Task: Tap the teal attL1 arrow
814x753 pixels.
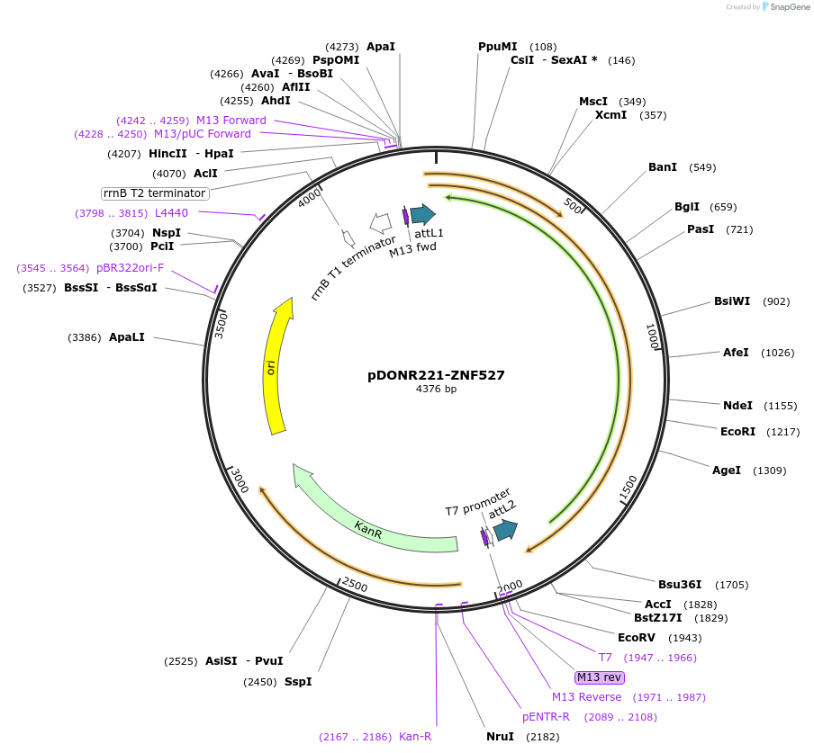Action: pyautogui.click(x=423, y=214)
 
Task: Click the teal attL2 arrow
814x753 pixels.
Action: pyautogui.click(x=505, y=530)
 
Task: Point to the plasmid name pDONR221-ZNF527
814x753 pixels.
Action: pyautogui.click(x=436, y=375)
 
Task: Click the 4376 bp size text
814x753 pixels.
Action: pyautogui.click(x=436, y=389)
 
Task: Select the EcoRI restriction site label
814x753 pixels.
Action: pyautogui.click(x=737, y=432)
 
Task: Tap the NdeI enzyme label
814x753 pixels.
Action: pyautogui.click(x=737, y=406)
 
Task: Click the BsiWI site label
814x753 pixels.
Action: pyautogui.click(x=732, y=301)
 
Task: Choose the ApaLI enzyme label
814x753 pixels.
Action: pyautogui.click(x=127, y=337)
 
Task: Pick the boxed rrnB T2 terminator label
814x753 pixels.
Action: pyautogui.click(x=155, y=193)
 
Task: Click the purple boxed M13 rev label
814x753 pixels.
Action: pyautogui.click(x=599, y=677)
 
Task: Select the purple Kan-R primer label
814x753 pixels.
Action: pyautogui.click(x=415, y=737)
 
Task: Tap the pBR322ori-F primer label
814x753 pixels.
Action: pyautogui.click(x=131, y=267)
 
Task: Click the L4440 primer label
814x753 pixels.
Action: pyautogui.click(x=171, y=213)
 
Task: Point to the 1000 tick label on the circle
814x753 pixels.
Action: pyautogui.click(x=652, y=336)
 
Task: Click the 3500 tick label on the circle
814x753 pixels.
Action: pyautogui.click(x=221, y=326)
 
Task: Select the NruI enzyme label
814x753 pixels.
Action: pyautogui.click(x=500, y=737)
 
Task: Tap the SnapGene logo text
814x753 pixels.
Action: pyautogui.click(x=789, y=6)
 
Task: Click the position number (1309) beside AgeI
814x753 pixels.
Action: pyautogui.click(x=769, y=471)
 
